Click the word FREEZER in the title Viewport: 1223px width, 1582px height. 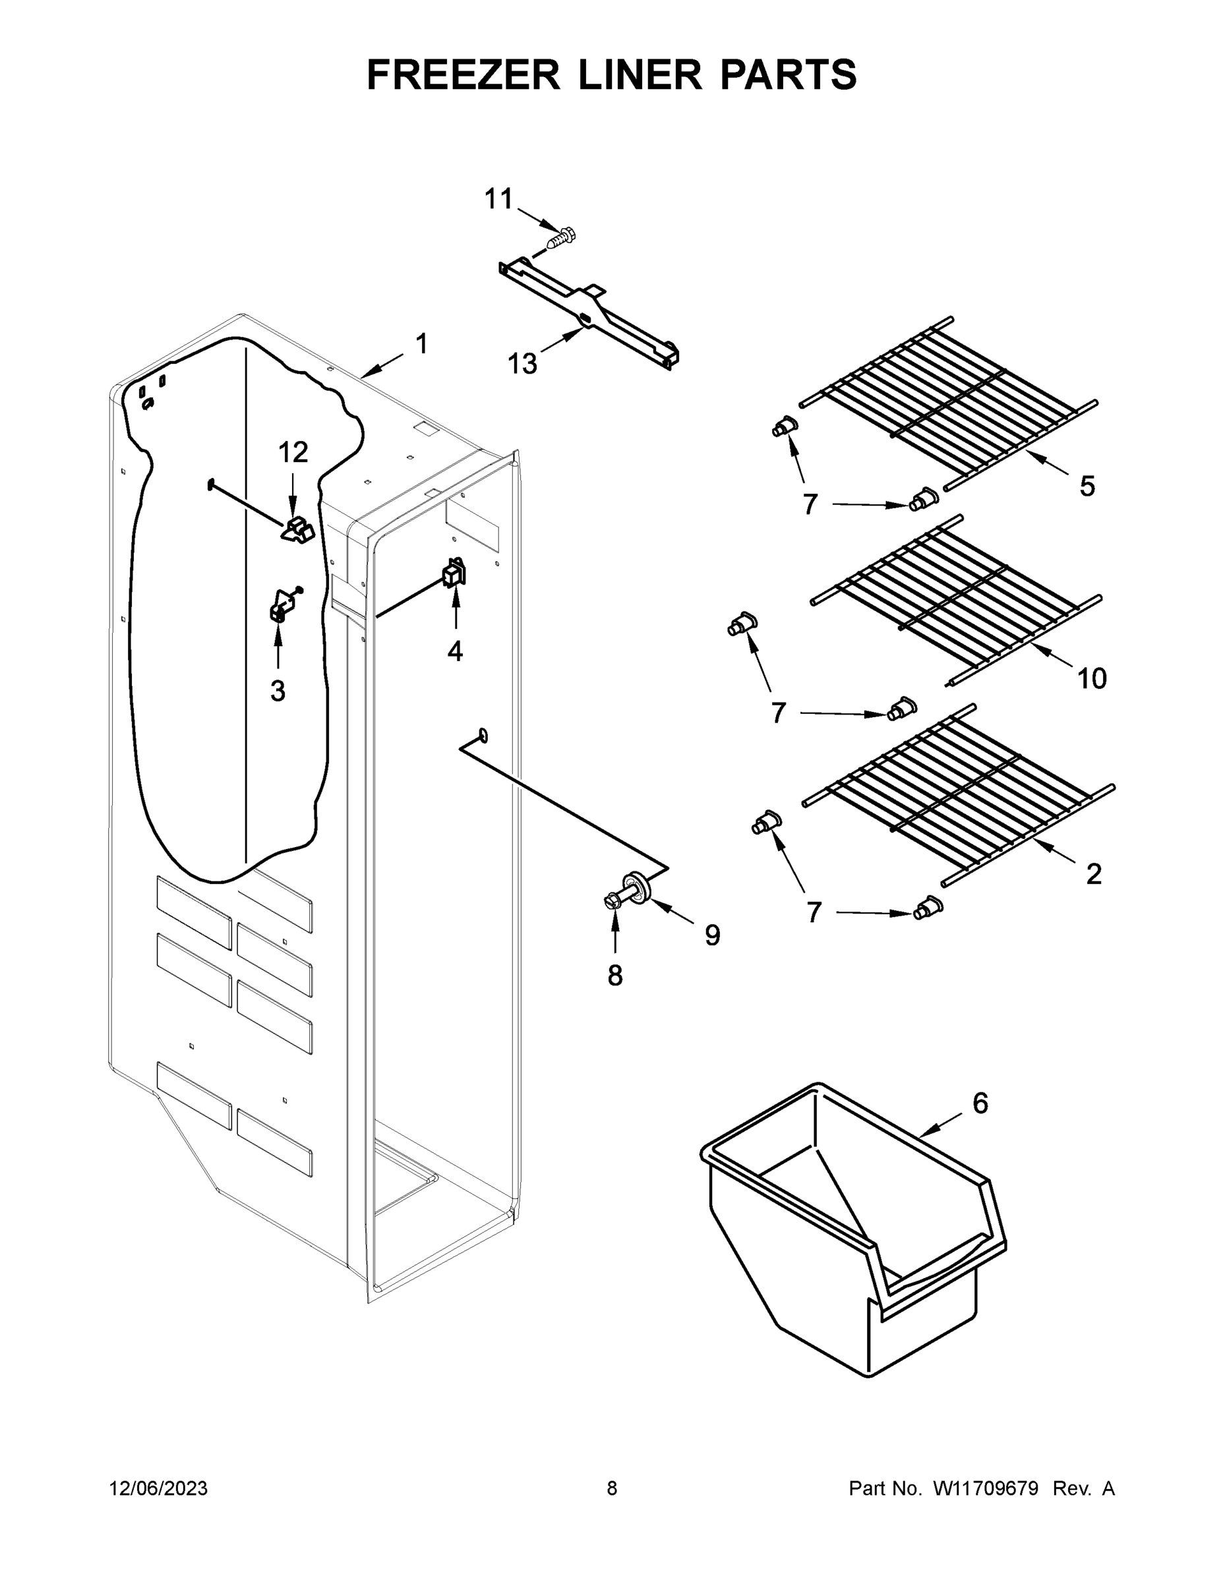pos(463,74)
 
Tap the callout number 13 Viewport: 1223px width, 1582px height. pos(522,364)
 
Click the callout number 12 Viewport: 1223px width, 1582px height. pos(293,453)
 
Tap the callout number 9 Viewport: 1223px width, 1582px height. pos(713,936)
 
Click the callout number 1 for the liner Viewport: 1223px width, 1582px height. pos(421,343)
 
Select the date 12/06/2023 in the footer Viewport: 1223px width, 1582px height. pos(159,1488)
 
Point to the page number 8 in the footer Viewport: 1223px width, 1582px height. pos(612,1488)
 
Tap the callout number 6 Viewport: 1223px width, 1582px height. pos(980,1103)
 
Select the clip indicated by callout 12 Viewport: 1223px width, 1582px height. pos(298,529)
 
